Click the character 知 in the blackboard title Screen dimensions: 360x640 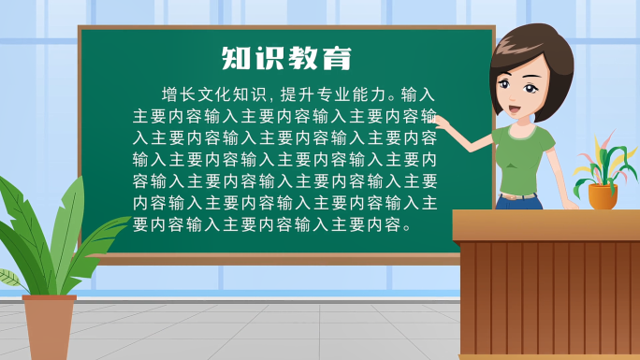pyautogui.click(x=236, y=58)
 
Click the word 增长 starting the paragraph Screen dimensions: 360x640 pyautogui.click(x=180, y=94)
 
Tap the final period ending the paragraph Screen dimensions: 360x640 pyautogui.click(x=405, y=226)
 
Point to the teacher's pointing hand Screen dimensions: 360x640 pyautogui.click(x=440, y=122)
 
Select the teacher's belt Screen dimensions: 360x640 pyautogui.click(x=517, y=197)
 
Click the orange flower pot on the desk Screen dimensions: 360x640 pyautogui.click(x=603, y=197)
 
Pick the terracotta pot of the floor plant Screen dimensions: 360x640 pyautogui.click(x=49, y=327)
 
